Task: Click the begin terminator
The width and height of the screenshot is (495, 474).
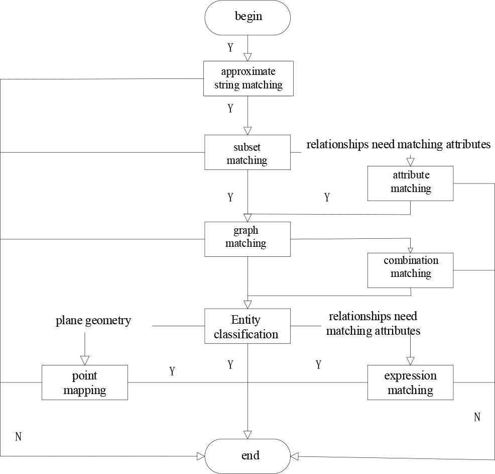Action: pos(247,18)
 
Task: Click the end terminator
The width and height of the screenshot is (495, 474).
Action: pos(247,456)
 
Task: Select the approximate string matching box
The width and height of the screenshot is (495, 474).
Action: pos(248,78)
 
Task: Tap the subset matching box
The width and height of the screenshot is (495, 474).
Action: pos(247,152)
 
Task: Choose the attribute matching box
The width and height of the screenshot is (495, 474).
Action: pos(410,183)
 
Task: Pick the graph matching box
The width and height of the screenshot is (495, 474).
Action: pos(247,239)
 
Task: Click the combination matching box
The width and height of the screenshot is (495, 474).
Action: pos(410,270)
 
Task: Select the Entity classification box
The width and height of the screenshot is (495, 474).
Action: pos(247,326)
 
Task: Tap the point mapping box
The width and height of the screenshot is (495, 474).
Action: pos(84,383)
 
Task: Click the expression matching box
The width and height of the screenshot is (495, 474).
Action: pos(410,383)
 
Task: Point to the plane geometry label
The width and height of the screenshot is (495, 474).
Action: pos(93,321)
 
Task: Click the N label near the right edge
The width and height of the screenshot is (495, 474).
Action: pos(477,417)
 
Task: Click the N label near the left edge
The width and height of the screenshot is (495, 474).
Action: pos(19,436)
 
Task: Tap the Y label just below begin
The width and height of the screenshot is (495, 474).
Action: pos(230,48)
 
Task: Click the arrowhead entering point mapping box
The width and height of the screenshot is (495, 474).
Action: pos(84,360)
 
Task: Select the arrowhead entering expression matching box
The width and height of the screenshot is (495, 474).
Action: pos(410,361)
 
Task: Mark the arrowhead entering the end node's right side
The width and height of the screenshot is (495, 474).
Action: pos(295,456)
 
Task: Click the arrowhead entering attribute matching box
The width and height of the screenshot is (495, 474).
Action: pos(410,162)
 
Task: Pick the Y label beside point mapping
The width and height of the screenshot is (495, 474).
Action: pos(172,371)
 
